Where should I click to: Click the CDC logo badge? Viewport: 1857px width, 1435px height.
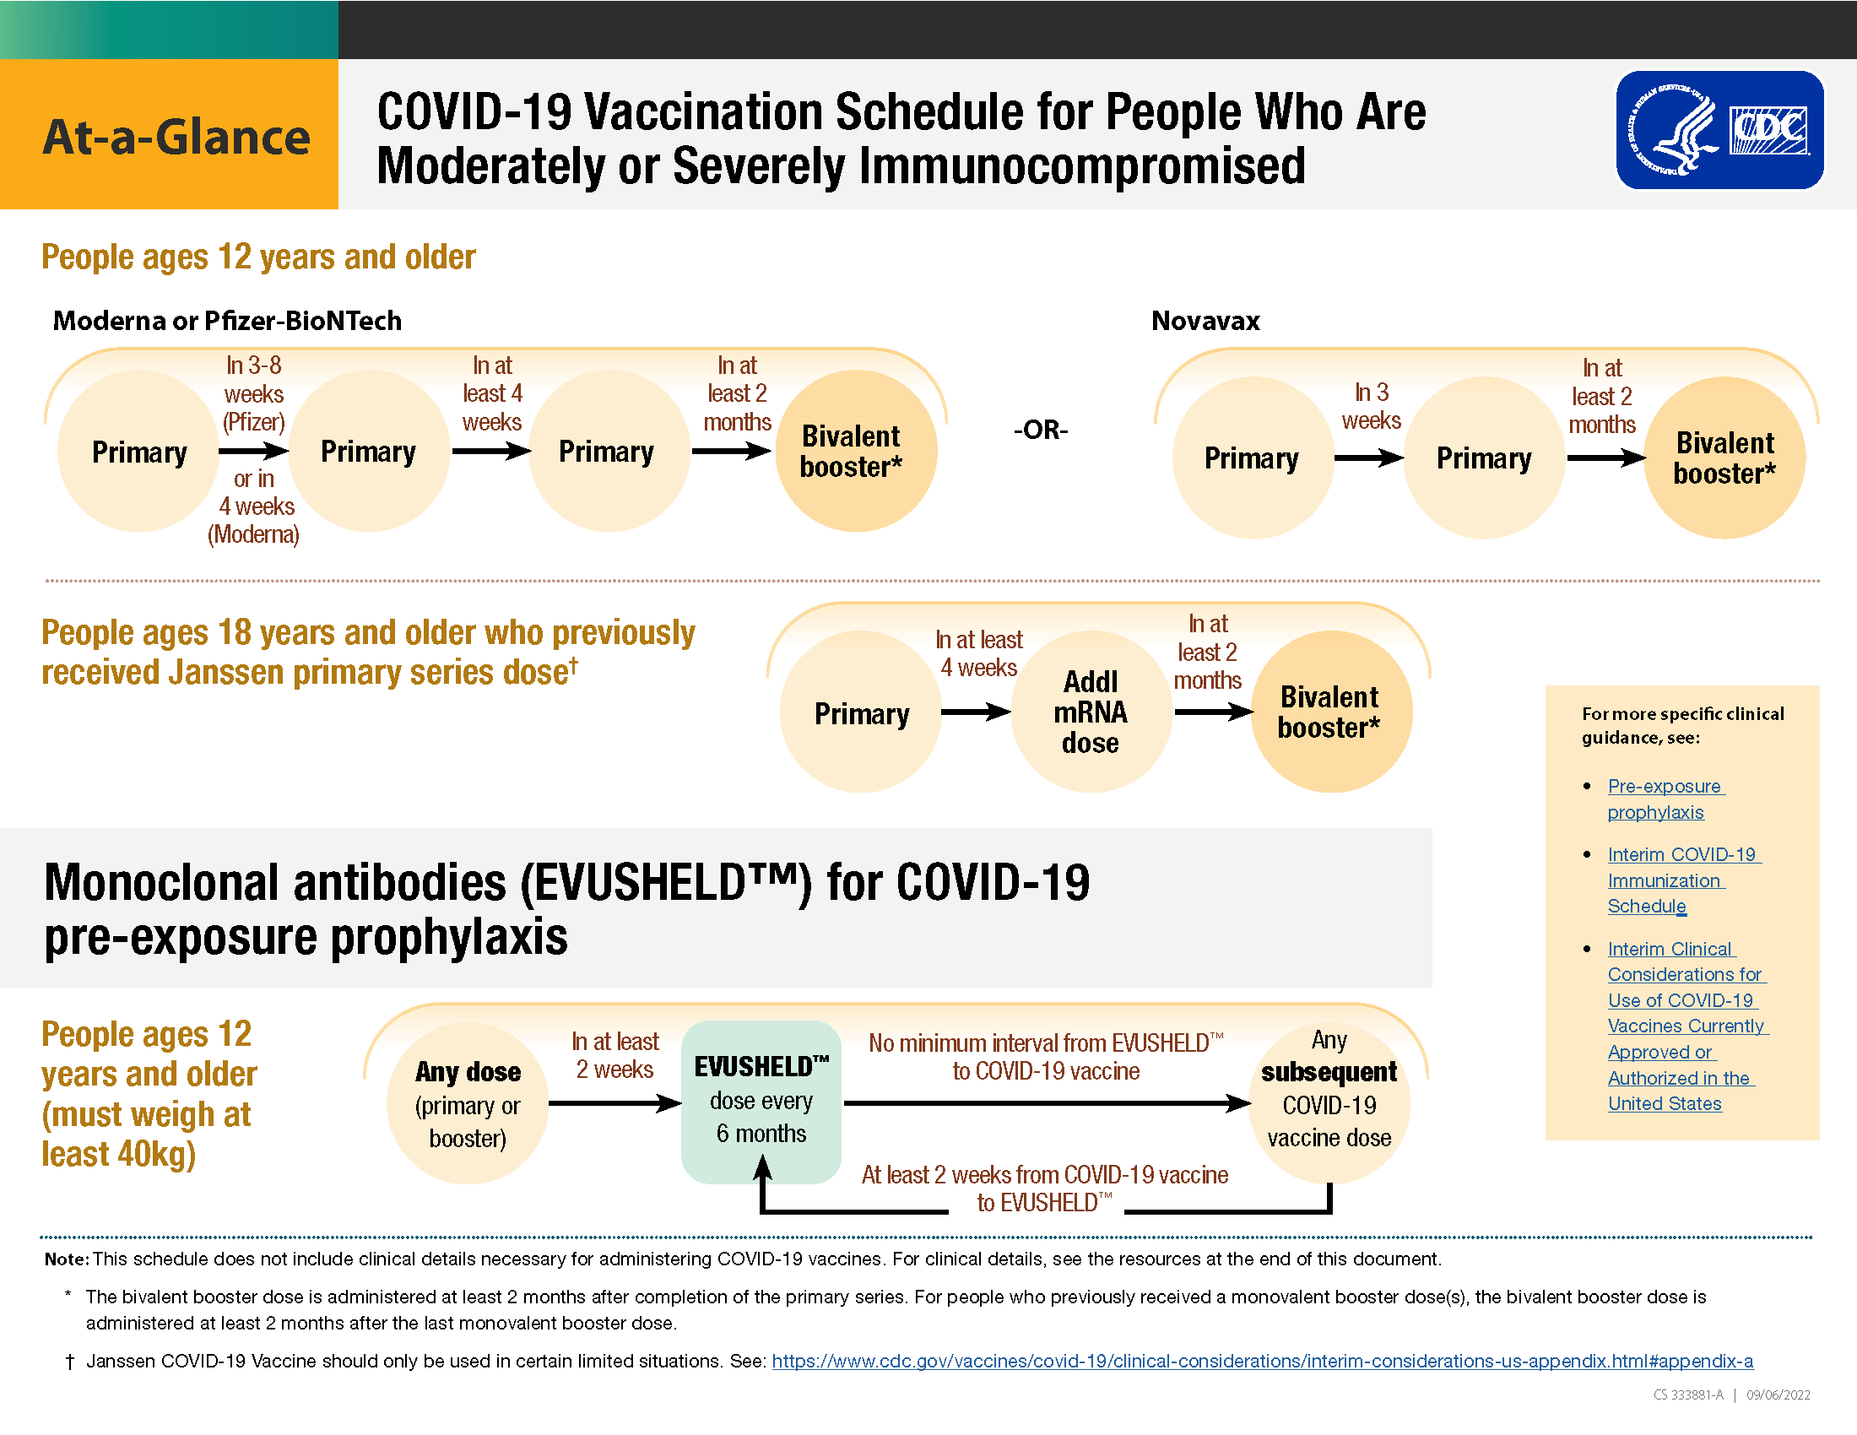(x=1719, y=130)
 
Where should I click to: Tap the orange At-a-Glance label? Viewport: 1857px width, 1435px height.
(x=169, y=134)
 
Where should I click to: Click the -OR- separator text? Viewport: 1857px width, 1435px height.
(x=1041, y=430)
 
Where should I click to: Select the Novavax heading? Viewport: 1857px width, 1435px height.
(x=1205, y=321)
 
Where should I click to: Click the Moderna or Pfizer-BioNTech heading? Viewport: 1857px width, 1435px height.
(x=227, y=321)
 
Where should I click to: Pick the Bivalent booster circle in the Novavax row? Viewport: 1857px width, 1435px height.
(x=1724, y=458)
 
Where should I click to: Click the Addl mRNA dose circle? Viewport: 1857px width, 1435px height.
(x=1091, y=712)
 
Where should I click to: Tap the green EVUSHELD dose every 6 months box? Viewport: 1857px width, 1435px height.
(x=761, y=1102)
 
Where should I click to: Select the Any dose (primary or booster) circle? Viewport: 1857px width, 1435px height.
(x=468, y=1103)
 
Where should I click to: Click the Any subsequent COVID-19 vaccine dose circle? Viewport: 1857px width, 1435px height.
(x=1329, y=1103)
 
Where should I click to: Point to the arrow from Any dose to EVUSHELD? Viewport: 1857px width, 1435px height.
(x=614, y=1103)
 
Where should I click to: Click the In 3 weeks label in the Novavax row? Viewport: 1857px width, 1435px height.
(x=1371, y=405)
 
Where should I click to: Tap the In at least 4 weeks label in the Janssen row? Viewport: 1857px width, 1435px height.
(x=978, y=653)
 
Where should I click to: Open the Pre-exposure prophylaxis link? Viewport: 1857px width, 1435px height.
(x=1665, y=799)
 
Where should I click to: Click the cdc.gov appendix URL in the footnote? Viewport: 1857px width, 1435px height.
(x=1263, y=1361)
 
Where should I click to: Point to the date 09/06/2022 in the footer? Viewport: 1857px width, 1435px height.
(x=1778, y=1395)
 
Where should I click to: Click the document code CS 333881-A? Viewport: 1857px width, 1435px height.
(x=1689, y=1395)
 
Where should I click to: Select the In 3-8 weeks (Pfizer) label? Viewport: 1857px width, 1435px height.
(x=253, y=393)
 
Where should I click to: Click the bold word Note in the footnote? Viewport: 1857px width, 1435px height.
(x=67, y=1259)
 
